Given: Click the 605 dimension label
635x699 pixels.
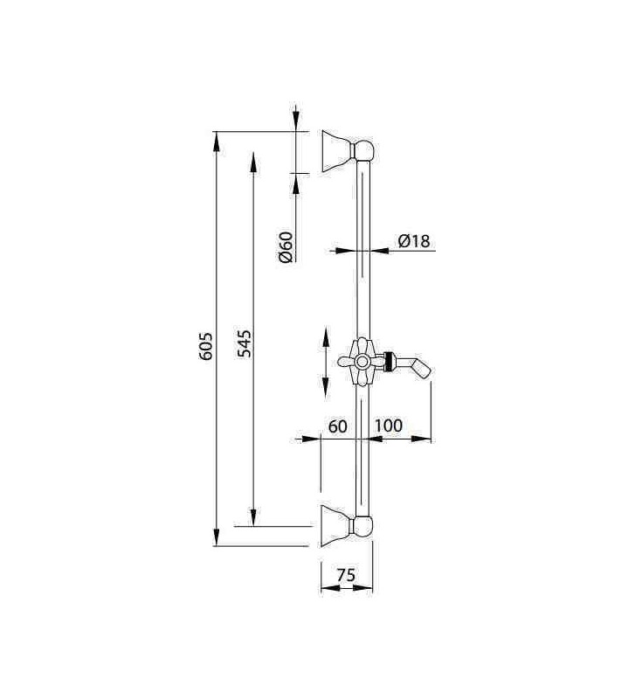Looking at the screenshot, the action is click(206, 346).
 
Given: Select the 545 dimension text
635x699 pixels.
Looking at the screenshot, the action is click(244, 343).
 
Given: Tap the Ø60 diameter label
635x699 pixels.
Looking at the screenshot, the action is click(286, 247).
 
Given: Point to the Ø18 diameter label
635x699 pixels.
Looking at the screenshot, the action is click(414, 241).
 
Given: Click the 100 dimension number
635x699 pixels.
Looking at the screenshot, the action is click(388, 426).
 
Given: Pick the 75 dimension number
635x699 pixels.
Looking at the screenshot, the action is click(346, 575).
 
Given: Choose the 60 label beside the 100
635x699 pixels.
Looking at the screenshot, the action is click(338, 426).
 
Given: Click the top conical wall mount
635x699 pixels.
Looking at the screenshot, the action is click(337, 151).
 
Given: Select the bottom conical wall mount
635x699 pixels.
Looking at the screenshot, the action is click(337, 526).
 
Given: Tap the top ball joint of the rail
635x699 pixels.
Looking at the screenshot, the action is click(363, 150).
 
